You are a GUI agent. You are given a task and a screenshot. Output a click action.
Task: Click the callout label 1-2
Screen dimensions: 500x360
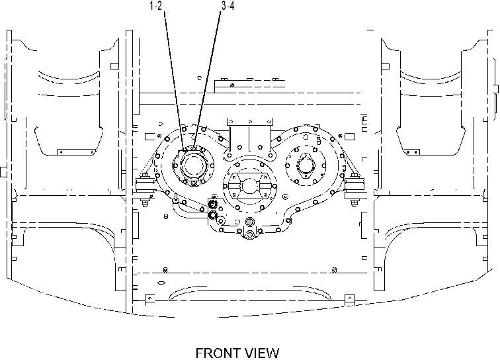[x=155, y=6]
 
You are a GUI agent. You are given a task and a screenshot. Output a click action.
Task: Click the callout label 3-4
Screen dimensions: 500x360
[x=228, y=6]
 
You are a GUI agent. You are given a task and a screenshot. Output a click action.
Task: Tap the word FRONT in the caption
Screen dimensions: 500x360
[x=218, y=353]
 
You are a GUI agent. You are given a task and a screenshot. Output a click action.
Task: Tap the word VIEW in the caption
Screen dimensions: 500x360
[x=261, y=353]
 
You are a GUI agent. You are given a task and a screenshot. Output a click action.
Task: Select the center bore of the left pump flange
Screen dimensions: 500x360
[x=193, y=165]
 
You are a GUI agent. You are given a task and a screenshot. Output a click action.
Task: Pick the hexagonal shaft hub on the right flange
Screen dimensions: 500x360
[x=306, y=165]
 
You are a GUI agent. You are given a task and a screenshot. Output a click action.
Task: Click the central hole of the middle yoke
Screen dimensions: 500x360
[x=249, y=186]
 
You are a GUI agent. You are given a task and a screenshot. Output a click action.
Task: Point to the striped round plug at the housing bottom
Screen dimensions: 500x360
[x=250, y=221]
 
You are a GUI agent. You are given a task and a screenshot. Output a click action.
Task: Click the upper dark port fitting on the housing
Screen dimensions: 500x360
[x=213, y=204]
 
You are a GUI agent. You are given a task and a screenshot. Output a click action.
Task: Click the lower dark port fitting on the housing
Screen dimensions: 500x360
[x=213, y=215]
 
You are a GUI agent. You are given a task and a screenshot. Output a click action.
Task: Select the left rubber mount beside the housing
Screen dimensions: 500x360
[x=145, y=185]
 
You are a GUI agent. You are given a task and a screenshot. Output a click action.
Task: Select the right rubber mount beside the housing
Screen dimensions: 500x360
[x=354, y=185]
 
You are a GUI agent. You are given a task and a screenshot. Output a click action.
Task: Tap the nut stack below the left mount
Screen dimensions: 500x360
[x=145, y=202]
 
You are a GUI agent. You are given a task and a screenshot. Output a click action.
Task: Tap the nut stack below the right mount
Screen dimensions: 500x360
[x=354, y=202]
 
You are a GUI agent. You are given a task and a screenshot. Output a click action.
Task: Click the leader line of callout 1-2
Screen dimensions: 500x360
[x=175, y=81]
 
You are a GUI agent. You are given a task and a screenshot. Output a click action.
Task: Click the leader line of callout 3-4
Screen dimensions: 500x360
[x=207, y=80]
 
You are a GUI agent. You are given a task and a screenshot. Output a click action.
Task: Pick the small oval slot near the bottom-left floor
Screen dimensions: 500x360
[x=161, y=283]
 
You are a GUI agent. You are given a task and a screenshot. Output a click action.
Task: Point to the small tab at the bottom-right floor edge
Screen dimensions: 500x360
[x=350, y=300]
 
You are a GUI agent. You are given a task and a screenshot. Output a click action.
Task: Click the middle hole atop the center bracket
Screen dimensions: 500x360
[x=250, y=122]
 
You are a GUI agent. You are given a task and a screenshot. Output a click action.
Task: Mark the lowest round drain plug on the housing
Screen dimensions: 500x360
[x=250, y=235]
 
